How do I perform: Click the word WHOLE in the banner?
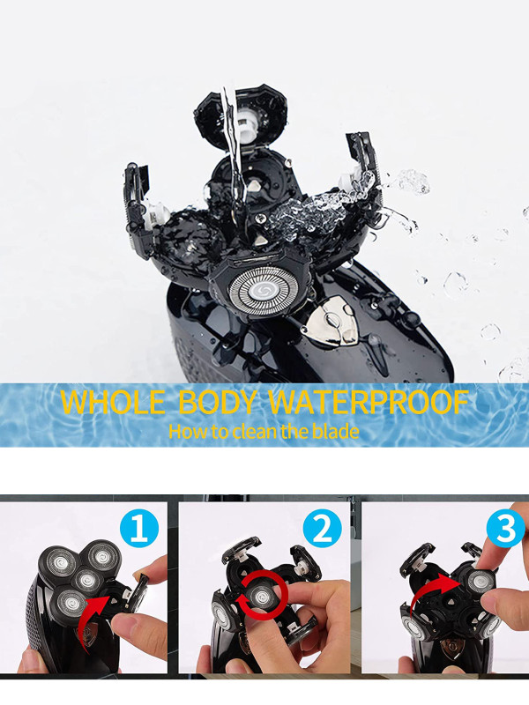pos(113,402)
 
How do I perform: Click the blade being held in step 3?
pos(479,583)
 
